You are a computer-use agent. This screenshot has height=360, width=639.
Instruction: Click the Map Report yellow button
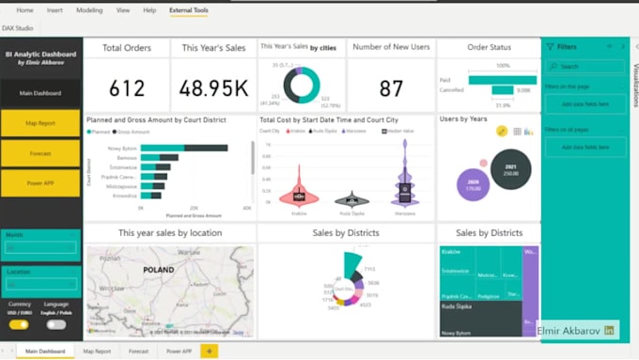coord(40,123)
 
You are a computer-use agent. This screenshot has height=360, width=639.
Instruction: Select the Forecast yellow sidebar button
coord(40,152)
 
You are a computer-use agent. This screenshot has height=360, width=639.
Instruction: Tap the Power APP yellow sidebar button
coord(40,182)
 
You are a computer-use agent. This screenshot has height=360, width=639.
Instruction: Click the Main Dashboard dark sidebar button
coord(40,92)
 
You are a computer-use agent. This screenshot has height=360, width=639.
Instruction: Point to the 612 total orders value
coord(127,88)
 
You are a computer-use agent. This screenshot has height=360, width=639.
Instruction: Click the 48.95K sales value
coord(213,88)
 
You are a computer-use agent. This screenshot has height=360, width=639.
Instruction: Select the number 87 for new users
coord(391,88)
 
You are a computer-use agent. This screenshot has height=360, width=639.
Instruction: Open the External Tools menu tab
coord(189,9)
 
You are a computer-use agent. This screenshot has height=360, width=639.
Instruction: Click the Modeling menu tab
coord(89,9)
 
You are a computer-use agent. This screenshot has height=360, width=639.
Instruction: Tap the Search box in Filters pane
coord(587,67)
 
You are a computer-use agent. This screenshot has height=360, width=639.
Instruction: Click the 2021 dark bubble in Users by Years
coord(511,169)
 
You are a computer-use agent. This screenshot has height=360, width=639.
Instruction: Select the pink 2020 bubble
coord(474,185)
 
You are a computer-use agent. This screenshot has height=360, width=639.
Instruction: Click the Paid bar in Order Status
coord(502,79)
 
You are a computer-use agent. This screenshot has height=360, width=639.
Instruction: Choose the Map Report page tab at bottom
coord(97,351)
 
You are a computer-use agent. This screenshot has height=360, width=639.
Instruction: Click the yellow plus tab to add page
coord(209,351)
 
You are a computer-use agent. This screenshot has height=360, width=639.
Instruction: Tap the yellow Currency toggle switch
coord(19,324)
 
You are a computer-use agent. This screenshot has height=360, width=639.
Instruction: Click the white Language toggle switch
coord(56,324)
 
